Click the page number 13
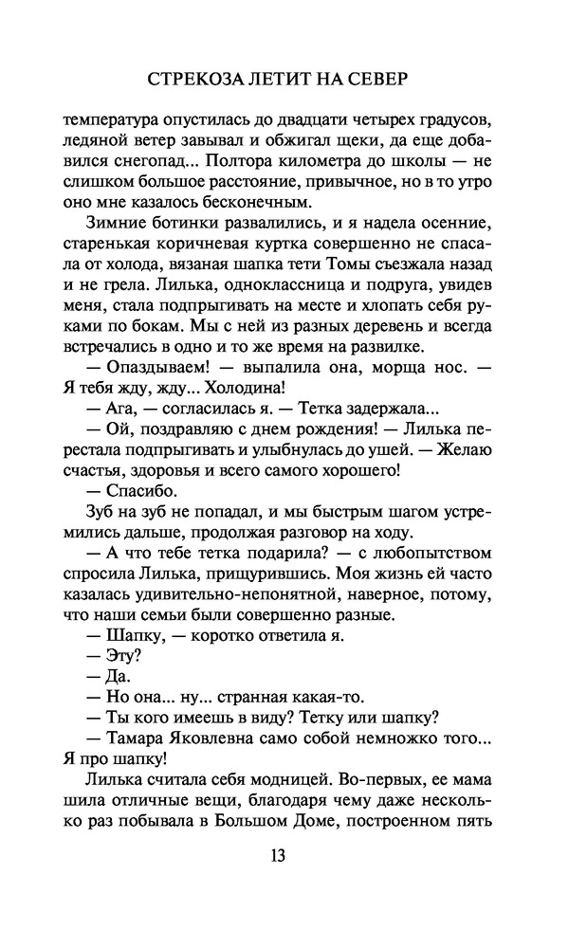278,855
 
